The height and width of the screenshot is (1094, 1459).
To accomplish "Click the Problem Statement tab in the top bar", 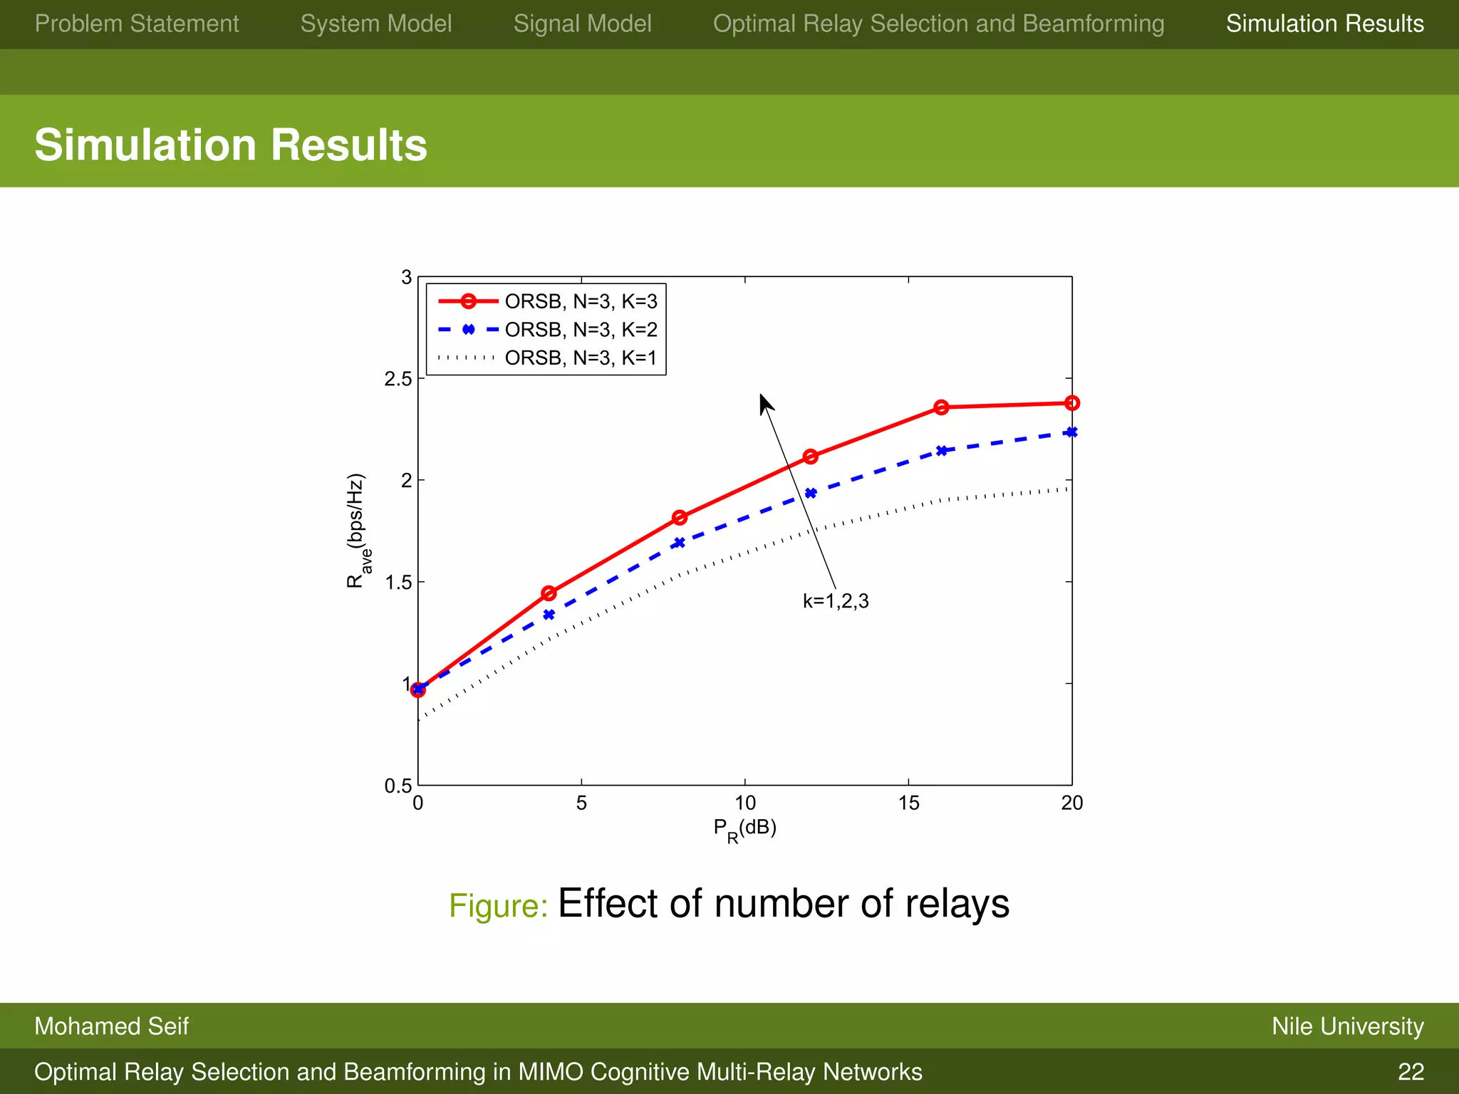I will (137, 24).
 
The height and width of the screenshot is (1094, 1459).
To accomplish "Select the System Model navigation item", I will (376, 24).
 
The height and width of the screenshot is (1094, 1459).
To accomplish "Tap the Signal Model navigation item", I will (582, 24).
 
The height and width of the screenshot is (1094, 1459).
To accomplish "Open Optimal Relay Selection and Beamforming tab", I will (938, 24).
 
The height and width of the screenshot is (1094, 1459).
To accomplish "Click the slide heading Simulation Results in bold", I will (231, 145).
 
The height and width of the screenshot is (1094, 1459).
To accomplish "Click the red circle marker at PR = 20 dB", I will (1071, 403).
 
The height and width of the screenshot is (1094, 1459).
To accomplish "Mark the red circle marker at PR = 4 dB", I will (549, 593).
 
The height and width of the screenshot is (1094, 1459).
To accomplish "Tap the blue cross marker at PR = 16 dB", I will (941, 451).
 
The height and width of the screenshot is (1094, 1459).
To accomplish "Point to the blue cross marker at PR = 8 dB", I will (680, 543).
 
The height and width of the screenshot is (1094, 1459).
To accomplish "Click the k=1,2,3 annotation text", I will (836, 601).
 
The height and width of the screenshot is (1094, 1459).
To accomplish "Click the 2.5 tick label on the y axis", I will (398, 379).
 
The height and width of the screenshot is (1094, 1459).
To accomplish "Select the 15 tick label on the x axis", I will (908, 803).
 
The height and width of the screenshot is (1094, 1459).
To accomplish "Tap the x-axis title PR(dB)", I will (744, 829).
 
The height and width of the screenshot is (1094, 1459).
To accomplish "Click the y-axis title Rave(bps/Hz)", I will (356, 531).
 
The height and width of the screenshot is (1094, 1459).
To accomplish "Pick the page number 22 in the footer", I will (1411, 1072).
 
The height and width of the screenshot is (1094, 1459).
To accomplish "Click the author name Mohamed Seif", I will (111, 1026).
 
